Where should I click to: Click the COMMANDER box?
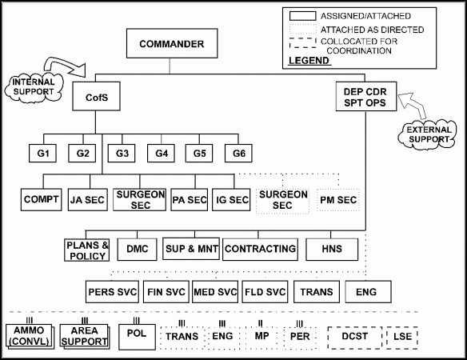point(172,43)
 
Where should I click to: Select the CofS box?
point(96,97)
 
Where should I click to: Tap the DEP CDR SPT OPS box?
point(366,97)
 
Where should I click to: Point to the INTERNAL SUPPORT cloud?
point(34,87)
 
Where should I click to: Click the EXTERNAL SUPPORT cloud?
point(428,134)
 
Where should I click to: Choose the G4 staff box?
point(161,153)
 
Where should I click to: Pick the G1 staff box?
point(42,153)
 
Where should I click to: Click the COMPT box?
point(41,199)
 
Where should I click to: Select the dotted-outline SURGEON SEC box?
point(282,200)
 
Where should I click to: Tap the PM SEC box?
point(338,200)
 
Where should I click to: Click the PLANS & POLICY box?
point(87,250)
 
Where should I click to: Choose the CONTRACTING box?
point(260,249)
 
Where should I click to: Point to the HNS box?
point(332,249)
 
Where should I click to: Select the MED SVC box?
point(215,291)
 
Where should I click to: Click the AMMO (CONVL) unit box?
point(30,336)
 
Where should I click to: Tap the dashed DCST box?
point(355,337)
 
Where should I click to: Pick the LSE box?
point(402,337)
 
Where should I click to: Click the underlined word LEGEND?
point(309,61)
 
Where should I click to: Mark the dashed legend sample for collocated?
point(302,43)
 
